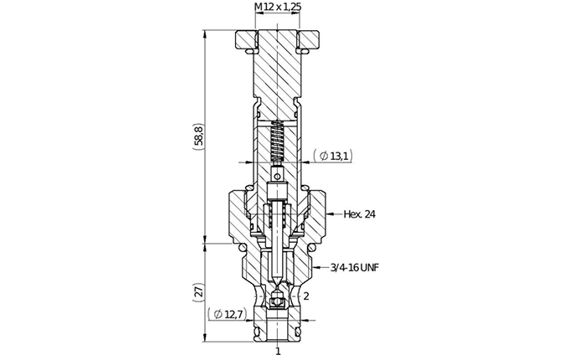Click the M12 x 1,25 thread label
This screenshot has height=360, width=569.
278,7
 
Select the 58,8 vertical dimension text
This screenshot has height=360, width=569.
199,136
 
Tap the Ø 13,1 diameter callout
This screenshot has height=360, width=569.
333,156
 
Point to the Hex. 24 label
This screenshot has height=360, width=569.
359,214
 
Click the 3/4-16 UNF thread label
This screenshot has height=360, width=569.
355,268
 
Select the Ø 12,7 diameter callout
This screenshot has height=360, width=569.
227,314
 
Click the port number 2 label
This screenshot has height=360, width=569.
306,296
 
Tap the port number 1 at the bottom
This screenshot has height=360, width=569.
278,352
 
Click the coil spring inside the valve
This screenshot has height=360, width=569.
278,141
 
